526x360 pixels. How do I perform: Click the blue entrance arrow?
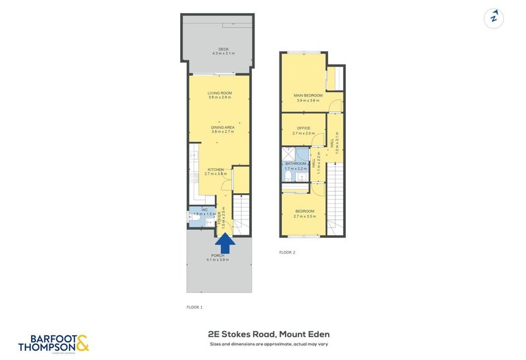225,243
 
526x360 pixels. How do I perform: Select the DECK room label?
224,48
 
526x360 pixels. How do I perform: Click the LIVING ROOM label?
220,93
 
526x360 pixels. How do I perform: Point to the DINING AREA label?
223,127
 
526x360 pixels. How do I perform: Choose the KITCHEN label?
215,169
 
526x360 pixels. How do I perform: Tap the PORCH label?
218,255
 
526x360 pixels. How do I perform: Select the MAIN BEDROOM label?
307,96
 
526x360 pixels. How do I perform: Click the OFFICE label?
303,128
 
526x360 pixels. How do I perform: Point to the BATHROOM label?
296,164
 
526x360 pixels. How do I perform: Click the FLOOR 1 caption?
195,307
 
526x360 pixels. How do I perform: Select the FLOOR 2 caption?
287,252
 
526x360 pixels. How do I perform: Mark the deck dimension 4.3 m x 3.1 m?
224,53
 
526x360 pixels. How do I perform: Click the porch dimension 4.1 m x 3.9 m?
218,259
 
